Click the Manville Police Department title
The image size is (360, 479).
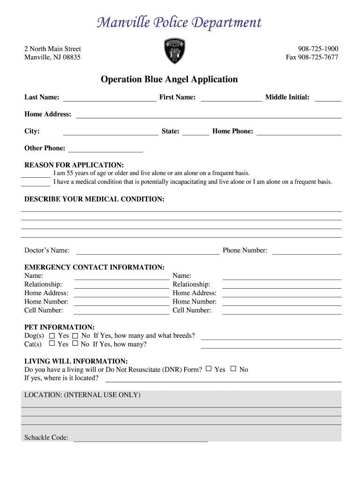[180, 23]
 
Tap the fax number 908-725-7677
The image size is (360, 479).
[312, 58]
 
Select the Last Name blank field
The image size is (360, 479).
[109, 97]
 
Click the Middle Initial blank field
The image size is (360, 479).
[328, 97]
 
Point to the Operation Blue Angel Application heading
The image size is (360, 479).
[169, 80]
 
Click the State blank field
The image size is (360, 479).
[195, 131]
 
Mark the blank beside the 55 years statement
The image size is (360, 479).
[36, 174]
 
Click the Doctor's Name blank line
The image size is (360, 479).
[147, 251]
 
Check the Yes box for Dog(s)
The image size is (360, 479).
[52, 336]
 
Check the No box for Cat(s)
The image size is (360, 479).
[75, 344]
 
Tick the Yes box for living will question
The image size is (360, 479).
[209, 369]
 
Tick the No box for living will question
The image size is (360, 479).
[233, 369]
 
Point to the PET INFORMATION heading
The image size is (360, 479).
[59, 327]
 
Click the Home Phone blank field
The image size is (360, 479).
[299, 131]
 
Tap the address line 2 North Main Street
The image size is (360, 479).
[52, 49]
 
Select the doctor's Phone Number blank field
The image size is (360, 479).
[307, 251]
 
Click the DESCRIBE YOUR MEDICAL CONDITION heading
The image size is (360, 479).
[94, 199]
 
